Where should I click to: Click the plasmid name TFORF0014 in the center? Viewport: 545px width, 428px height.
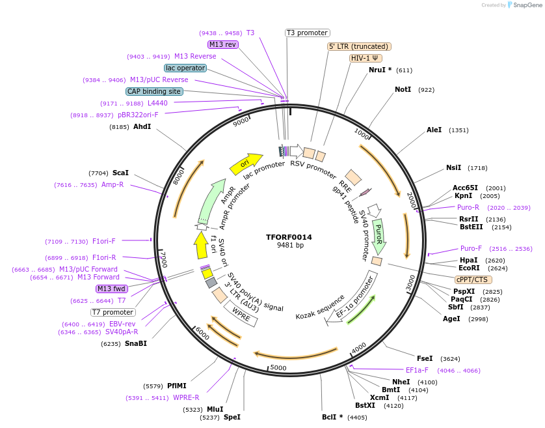click(289, 237)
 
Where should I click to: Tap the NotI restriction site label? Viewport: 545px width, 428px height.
click(403, 89)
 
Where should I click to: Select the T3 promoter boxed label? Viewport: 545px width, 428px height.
click(308, 33)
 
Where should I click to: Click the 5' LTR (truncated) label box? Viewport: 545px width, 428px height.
click(358, 46)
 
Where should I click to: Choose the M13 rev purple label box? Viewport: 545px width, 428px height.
click(223, 44)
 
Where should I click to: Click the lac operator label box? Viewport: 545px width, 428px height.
click(185, 68)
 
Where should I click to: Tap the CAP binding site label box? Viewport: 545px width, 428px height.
click(154, 91)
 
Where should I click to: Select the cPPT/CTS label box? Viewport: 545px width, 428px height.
click(472, 279)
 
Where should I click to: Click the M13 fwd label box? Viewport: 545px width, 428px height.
click(112, 289)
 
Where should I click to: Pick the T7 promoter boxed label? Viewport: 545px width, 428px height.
click(113, 312)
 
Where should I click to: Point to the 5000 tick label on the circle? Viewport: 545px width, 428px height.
click(278, 368)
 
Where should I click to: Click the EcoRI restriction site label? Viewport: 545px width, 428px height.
click(469, 268)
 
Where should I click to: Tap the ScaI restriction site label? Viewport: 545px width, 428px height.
click(120, 173)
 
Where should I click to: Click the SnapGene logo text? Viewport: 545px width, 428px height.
click(527, 5)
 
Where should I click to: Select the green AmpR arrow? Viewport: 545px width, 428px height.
click(216, 201)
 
